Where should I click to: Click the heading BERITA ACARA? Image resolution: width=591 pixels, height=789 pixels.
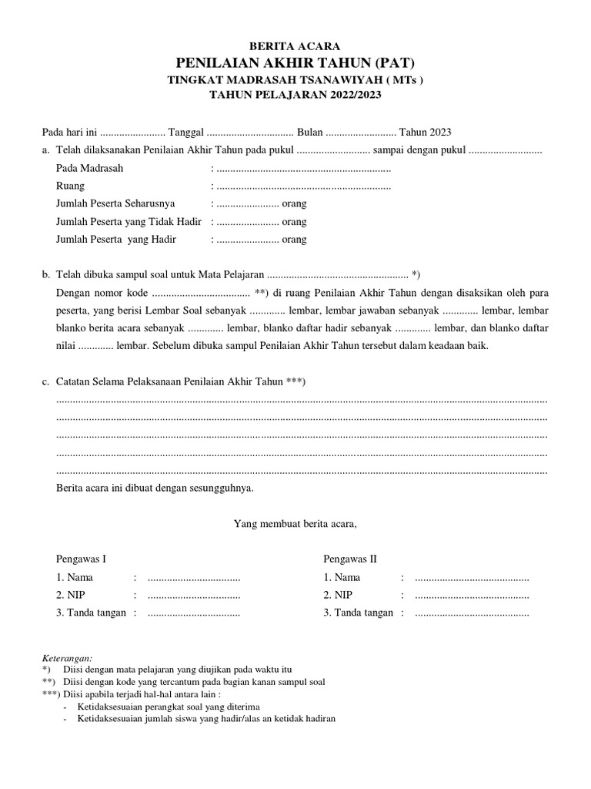(x=295, y=46)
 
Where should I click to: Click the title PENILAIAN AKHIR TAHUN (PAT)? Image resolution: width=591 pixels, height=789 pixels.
(x=295, y=63)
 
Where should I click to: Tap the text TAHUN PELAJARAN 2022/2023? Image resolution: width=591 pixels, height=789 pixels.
(x=295, y=96)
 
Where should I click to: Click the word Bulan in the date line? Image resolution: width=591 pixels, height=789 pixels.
(x=310, y=133)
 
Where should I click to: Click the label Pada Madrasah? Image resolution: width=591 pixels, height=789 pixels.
(x=89, y=168)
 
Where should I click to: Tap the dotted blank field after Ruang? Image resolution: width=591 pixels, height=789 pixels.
(x=303, y=186)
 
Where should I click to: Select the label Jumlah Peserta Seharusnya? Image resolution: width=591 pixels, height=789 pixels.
(x=116, y=204)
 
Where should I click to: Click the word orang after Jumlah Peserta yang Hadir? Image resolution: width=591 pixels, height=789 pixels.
(x=294, y=240)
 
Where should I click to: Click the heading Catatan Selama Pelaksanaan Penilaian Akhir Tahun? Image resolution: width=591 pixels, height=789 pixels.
(x=169, y=382)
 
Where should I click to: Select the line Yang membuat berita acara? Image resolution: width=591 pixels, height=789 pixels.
(x=295, y=525)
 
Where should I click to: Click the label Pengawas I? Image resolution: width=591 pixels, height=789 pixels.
(x=82, y=559)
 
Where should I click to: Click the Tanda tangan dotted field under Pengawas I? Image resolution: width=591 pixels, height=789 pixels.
(x=194, y=613)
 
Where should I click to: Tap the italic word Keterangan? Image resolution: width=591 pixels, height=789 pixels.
(x=66, y=658)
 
